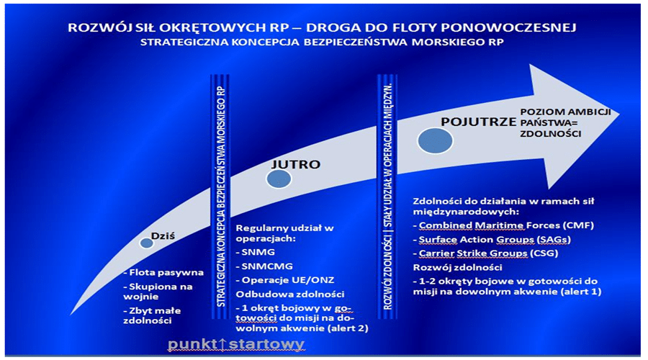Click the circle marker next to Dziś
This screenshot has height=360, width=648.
point(146,243)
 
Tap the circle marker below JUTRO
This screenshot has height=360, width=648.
point(279,179)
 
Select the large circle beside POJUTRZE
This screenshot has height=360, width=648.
point(435,140)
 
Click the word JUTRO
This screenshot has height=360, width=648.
point(295,164)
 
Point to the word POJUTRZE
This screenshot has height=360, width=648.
point(479,122)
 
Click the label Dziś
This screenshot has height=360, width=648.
point(163,236)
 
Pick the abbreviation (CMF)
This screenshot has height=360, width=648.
point(577,225)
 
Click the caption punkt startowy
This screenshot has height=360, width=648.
point(236,344)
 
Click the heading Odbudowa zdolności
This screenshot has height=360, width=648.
point(290,294)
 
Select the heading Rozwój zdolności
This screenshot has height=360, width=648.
point(458,267)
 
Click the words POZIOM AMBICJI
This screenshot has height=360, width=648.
point(565,112)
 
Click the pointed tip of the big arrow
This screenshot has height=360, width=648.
point(619,115)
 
